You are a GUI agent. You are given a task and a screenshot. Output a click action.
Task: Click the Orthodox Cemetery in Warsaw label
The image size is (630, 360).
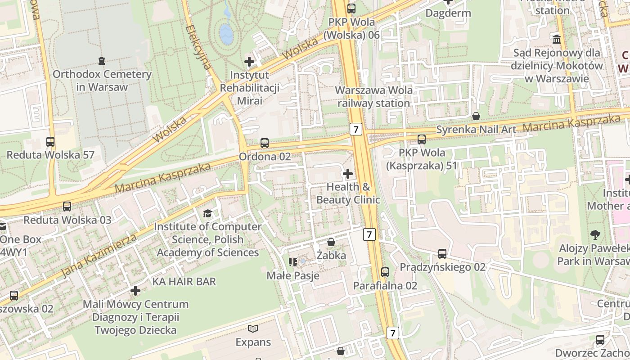(102, 81)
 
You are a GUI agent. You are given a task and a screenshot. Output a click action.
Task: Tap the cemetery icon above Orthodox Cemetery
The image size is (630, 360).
(102, 60)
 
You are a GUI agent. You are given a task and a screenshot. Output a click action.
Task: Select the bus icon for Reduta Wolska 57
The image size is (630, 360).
(50, 142)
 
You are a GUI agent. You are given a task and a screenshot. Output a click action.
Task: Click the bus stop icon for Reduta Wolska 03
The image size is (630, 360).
(67, 207)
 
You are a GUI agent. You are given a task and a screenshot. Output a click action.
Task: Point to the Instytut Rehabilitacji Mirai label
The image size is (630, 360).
(249, 87)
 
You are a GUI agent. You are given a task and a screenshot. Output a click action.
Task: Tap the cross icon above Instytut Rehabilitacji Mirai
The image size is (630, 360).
(249, 62)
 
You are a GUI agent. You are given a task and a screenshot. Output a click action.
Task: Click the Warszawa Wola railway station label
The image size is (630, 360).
(374, 96)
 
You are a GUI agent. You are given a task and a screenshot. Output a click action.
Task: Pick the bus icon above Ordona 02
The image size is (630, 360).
(265, 143)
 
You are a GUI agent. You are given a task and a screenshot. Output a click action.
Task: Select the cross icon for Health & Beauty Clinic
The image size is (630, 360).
(348, 173)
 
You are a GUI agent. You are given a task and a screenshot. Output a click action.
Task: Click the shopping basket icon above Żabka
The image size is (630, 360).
(331, 242)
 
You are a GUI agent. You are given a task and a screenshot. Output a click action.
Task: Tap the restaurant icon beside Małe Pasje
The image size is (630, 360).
(293, 262)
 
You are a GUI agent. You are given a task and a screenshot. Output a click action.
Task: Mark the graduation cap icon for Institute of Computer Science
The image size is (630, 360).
(207, 213)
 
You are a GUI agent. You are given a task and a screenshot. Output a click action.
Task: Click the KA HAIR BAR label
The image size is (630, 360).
(184, 282)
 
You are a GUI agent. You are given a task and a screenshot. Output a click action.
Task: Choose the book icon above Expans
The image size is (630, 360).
(253, 329)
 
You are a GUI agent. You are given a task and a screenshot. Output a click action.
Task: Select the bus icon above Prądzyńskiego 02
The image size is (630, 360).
(442, 254)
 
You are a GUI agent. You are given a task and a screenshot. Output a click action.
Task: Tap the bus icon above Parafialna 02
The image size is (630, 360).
(385, 272)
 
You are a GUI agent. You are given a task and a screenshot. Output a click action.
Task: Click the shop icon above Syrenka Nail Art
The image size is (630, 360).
(476, 117)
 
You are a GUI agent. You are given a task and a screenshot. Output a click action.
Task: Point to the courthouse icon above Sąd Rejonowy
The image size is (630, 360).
(557, 40)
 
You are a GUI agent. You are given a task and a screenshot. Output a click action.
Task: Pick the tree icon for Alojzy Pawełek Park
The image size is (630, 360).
(595, 234)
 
